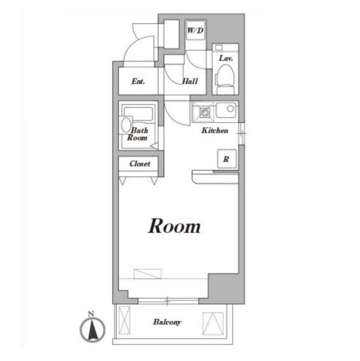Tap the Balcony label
point(167,322)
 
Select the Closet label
point(140,164)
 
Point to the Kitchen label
point(215,130)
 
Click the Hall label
point(190,81)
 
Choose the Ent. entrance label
point(138,81)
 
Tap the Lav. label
point(226,58)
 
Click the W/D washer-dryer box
point(195,30)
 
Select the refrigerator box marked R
point(227,159)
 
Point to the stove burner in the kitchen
point(204,112)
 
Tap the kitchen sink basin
point(226,110)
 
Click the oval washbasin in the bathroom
point(126,125)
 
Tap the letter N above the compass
point(91,313)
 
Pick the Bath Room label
point(137,134)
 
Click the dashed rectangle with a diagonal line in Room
point(147,274)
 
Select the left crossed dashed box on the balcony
point(124,320)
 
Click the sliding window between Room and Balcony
point(168,301)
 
